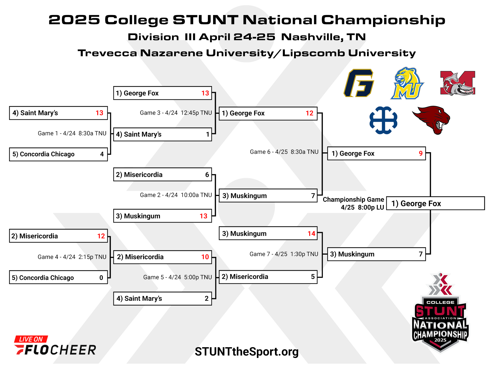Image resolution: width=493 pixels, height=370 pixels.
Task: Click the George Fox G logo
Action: [x=359, y=83]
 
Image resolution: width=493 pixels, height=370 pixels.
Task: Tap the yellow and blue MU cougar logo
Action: [x=407, y=83]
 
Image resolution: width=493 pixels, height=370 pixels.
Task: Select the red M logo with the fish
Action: [x=458, y=83]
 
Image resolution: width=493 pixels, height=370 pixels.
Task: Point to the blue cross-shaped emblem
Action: [x=383, y=120]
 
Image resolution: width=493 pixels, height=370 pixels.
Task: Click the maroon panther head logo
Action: [x=431, y=120]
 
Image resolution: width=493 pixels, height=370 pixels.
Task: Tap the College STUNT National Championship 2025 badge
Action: [x=440, y=312]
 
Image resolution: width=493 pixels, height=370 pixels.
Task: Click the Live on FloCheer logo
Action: [x=55, y=345]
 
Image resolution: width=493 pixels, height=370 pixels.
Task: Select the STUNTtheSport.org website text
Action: [x=246, y=352]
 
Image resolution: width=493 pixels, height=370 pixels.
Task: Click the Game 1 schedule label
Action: [x=72, y=133]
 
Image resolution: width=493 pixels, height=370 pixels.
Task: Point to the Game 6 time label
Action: [x=284, y=152]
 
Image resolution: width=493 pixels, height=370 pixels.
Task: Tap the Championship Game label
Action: [x=353, y=203]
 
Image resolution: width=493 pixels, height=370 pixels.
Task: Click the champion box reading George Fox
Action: [x=435, y=203]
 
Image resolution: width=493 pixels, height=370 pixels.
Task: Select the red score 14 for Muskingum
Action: [x=311, y=234]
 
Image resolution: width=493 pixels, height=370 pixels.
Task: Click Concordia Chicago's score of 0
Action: [x=101, y=278]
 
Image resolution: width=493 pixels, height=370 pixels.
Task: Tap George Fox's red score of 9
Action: [x=421, y=153]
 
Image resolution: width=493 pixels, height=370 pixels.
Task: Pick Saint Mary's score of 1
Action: [x=208, y=134]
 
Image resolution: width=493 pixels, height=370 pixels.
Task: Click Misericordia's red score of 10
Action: [x=205, y=257]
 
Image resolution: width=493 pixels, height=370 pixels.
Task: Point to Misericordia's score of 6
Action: [x=207, y=175]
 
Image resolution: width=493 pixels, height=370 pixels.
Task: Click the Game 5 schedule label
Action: [x=177, y=277]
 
